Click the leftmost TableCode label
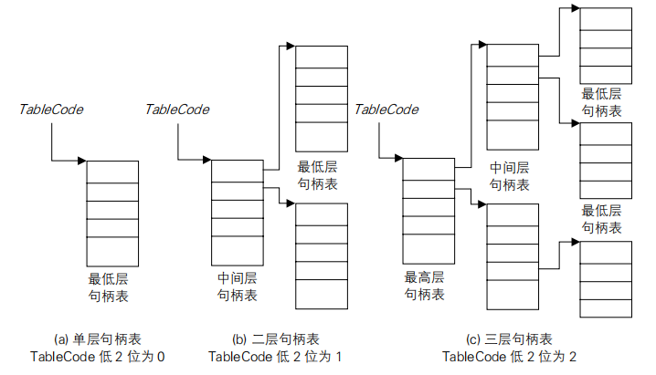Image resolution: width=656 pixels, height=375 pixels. pyautogui.click(x=51, y=109)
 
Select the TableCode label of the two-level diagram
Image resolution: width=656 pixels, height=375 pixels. pyautogui.click(x=177, y=109)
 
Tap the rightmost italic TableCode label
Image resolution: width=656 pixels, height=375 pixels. pyautogui.click(x=386, y=109)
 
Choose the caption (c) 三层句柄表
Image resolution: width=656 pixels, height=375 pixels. pyautogui.click(x=510, y=338)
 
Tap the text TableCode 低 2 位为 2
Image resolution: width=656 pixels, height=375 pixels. pyautogui.click(x=510, y=356)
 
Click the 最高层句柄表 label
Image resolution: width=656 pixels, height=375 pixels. pyautogui.click(x=426, y=285)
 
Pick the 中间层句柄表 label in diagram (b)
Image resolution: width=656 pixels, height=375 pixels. pyautogui.click(x=237, y=286)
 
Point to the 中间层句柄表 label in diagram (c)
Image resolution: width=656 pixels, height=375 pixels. pyautogui.click(x=510, y=175)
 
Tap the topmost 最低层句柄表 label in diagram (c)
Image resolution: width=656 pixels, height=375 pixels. pyautogui.click(x=602, y=101)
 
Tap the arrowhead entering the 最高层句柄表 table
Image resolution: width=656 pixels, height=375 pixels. pyautogui.click(x=398, y=160)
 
